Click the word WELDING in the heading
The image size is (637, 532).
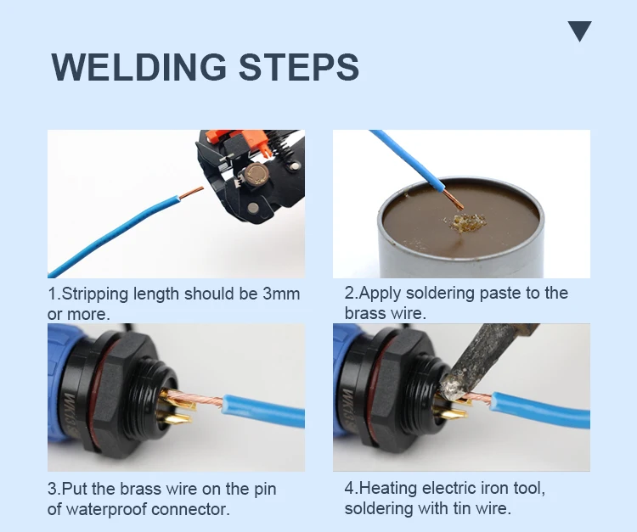click(x=138, y=67)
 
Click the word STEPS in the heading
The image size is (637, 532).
click(x=299, y=67)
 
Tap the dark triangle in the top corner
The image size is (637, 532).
click(x=580, y=31)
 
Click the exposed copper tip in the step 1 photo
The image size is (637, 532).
click(x=191, y=193)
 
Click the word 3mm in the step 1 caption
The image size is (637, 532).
click(x=281, y=294)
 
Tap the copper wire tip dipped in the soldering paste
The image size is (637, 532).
click(x=454, y=199)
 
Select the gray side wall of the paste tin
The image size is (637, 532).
click(x=461, y=258)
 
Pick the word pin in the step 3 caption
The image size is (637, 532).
click(x=265, y=490)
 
